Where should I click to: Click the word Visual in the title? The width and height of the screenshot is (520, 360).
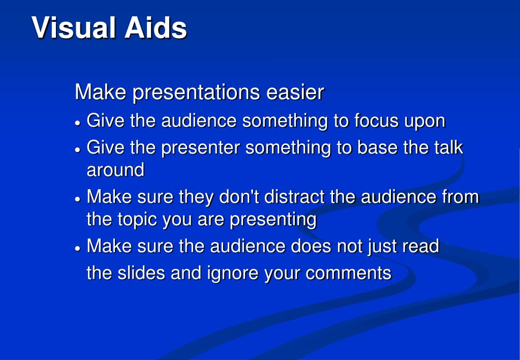[74, 27]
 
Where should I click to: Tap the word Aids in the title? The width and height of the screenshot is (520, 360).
[156, 27]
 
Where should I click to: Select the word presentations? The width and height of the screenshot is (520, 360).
[196, 93]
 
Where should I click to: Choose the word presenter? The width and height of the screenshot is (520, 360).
[200, 148]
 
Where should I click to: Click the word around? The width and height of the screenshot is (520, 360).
[115, 170]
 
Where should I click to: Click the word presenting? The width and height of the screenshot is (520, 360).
[273, 220]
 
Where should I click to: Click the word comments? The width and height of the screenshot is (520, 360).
[349, 274]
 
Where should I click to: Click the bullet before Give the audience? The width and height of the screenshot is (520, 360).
[78, 123]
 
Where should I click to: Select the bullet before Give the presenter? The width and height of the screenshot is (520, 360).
[78, 149]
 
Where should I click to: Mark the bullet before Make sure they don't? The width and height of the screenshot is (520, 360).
[78, 199]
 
